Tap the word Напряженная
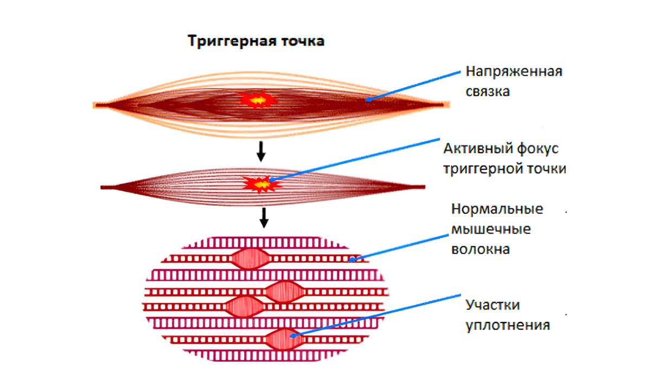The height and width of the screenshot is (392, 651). point(513,72)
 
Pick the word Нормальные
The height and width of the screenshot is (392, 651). point(497,210)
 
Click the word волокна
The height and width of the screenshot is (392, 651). point(480,249)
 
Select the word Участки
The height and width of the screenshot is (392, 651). point(493,305)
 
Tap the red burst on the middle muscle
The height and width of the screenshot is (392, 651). point(263,184)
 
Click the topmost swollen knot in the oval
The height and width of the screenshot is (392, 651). point(250,258)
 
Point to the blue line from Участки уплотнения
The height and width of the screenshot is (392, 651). point(380,315)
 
